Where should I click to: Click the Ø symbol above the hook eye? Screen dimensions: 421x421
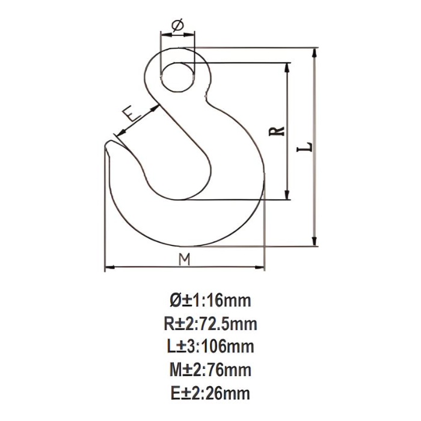pos(177,26)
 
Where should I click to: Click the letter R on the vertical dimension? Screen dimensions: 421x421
pos(277,131)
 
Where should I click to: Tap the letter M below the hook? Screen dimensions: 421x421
pos(185,259)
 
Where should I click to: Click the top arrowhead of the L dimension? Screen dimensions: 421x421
pos(315,51)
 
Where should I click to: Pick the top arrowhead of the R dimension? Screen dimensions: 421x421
pos(289,66)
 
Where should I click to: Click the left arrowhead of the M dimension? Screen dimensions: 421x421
pos(108,267)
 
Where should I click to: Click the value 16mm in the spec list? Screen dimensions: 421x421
pos(229,300)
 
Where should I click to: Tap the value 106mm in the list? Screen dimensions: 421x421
pos(229,347)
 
